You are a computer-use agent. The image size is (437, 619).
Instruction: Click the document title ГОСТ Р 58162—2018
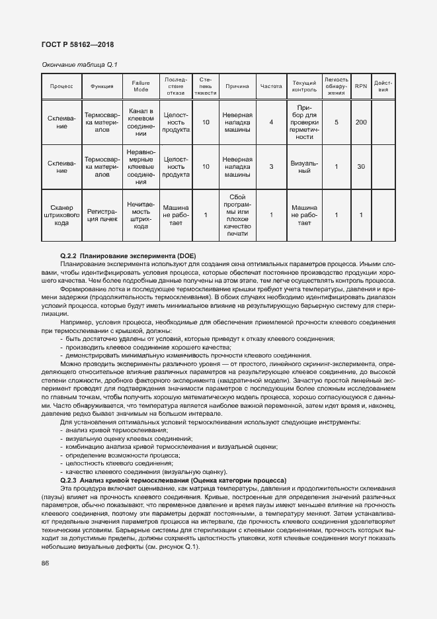[77, 45]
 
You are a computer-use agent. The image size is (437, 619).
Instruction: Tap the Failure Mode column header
[141, 86]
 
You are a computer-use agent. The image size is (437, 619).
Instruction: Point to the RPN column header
[360, 86]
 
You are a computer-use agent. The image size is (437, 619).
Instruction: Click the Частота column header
[271, 86]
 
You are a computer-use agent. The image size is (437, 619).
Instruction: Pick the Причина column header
[237, 86]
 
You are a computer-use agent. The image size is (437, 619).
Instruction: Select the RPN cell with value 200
[360, 122]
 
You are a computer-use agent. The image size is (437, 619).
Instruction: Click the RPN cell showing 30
[360, 166]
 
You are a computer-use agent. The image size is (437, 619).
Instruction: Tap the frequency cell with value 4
[271, 122]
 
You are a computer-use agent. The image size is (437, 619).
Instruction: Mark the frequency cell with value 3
[271, 166]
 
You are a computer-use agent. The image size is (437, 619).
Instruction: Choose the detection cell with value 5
[336, 122]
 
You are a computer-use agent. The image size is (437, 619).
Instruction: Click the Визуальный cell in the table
[304, 166]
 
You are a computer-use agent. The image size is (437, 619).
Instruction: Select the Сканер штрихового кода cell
[62, 214]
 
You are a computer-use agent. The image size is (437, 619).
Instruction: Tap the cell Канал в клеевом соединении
[141, 122]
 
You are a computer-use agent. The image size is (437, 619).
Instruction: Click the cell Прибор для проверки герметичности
[304, 122]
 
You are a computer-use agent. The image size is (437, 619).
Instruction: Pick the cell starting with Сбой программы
[237, 214]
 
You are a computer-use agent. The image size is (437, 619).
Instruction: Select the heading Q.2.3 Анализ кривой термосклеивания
[173, 480]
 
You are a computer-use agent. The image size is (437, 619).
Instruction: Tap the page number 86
[46, 563]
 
